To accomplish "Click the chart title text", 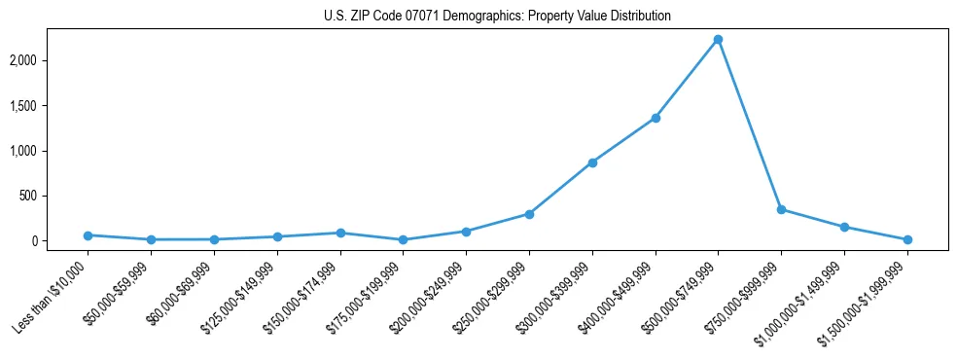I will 497,17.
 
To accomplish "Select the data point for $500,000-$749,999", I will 718,40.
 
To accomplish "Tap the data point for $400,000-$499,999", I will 656,118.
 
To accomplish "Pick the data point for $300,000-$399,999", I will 592,162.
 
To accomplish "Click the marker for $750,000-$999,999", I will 781,209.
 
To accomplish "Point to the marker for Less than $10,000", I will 89,235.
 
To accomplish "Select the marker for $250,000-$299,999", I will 529,214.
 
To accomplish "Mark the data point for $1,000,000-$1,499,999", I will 844,227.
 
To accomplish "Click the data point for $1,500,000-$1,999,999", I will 907,239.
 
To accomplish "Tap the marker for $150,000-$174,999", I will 340,233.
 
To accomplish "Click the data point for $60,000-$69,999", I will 214,239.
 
